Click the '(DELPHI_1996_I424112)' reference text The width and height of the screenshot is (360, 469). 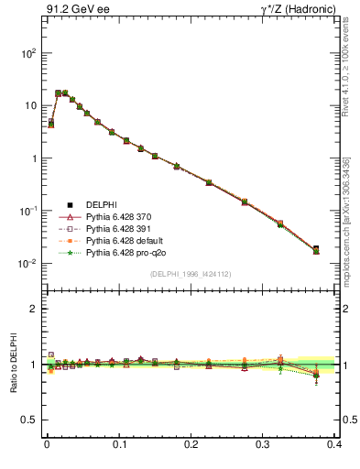pos(191,273)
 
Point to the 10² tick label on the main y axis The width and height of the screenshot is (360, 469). pos(28,53)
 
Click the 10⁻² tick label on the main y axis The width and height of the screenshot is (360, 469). pos(28,264)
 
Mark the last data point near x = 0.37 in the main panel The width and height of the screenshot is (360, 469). pos(316,249)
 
